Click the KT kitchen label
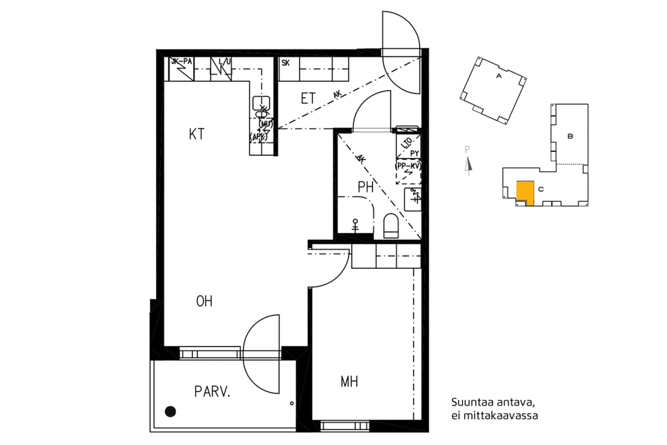[x=197, y=134]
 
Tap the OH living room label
[x=204, y=301]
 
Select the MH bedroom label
[x=349, y=381]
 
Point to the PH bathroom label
[x=366, y=187]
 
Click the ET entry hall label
[x=308, y=98]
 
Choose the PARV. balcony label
[x=212, y=392]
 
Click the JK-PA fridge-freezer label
[x=181, y=62]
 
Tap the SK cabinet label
[x=285, y=63]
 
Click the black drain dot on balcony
[x=170, y=412]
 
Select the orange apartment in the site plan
[x=525, y=191]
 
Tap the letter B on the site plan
[x=570, y=136]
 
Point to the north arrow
[x=467, y=165]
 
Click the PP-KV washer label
[x=408, y=166]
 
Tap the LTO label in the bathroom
[x=406, y=143]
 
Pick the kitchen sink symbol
[x=261, y=103]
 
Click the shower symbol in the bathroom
[x=355, y=225]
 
